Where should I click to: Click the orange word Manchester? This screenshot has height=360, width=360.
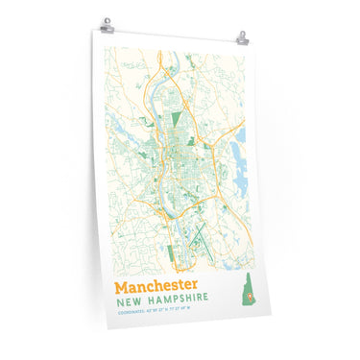click(x=156, y=286)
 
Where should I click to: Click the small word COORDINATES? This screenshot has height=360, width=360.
click(x=132, y=312)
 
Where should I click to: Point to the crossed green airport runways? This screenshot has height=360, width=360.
click(x=196, y=230)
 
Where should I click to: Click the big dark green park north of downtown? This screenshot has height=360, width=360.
click(x=176, y=122)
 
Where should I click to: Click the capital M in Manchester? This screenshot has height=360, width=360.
click(x=121, y=286)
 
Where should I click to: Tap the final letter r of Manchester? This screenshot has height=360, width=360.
click(x=195, y=287)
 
